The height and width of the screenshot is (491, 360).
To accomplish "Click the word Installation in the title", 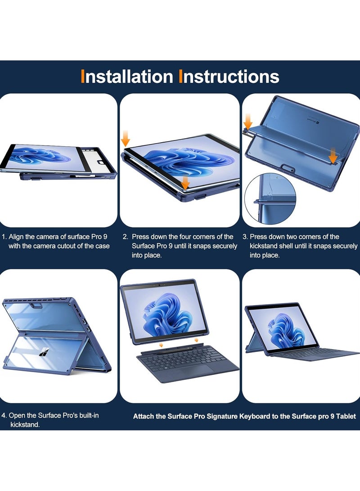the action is pyautogui.click(x=127, y=77).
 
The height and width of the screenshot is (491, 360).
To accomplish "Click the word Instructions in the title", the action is pyautogui.click(x=229, y=77).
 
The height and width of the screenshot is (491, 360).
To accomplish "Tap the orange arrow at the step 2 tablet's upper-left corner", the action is pyautogui.click(x=126, y=139).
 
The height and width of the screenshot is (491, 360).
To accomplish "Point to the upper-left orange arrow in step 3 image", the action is pyautogui.click(x=248, y=122).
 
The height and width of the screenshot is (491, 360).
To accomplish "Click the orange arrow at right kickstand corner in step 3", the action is pyautogui.click(x=334, y=155).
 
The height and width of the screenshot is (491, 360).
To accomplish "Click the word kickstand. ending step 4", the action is pyautogui.click(x=25, y=425).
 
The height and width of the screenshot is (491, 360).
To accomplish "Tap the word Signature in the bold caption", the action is pyautogui.click(x=222, y=416).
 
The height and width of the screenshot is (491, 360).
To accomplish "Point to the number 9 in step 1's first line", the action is pyautogui.click(x=105, y=237).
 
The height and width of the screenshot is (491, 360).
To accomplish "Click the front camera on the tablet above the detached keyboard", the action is pyautogui.click(x=160, y=285).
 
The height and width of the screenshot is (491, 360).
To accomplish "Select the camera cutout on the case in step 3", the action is pyautogui.click(x=288, y=169).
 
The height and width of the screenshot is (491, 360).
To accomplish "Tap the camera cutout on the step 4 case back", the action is pyautogui.click(x=36, y=305).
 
